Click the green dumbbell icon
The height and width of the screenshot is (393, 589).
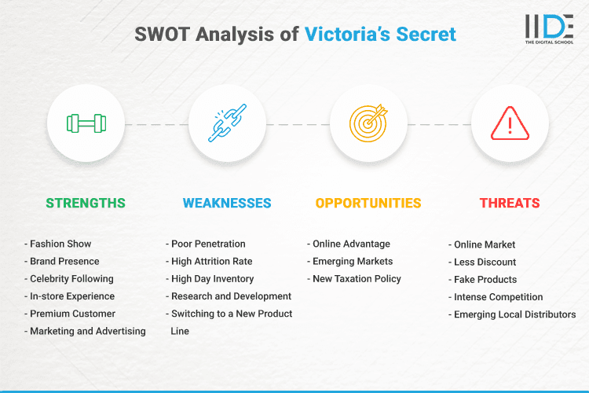click(x=86, y=123)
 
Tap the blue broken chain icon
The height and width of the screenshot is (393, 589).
click(x=227, y=123)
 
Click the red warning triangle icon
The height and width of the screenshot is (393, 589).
click(x=509, y=123)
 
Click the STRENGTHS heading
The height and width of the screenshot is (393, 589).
click(x=86, y=203)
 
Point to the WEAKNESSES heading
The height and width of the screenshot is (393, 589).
click(x=227, y=203)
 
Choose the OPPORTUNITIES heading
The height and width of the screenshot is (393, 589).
click(x=368, y=203)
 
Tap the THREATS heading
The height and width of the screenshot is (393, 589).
click(x=510, y=203)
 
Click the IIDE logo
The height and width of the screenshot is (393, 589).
click(x=549, y=30)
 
